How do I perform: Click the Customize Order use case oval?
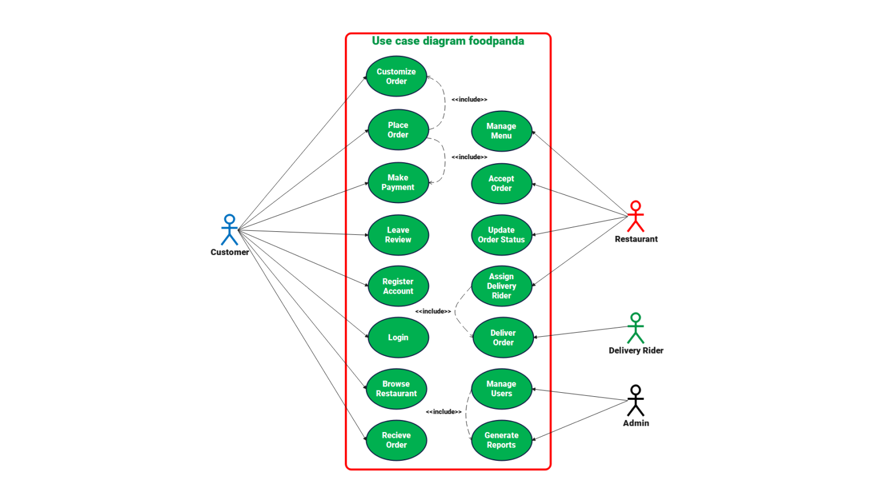click(x=396, y=76)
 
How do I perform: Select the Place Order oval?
click(x=398, y=130)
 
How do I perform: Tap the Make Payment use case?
click(x=398, y=182)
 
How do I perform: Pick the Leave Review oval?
click(x=398, y=235)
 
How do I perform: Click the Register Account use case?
click(x=398, y=286)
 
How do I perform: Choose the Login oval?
click(x=398, y=337)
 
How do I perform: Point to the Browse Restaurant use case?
click(x=396, y=389)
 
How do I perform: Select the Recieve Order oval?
click(x=396, y=440)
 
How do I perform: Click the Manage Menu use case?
click(x=501, y=131)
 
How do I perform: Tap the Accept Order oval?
click(x=501, y=183)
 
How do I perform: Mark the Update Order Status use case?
click(x=501, y=235)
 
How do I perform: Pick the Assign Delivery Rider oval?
click(x=501, y=286)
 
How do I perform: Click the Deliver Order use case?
click(x=503, y=337)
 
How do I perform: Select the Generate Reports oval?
click(x=501, y=440)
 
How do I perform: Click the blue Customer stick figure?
click(x=229, y=230)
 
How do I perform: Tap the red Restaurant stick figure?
click(x=635, y=216)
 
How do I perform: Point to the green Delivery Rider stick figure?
click(x=635, y=328)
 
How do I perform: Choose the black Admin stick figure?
click(x=635, y=400)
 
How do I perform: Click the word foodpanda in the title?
click(x=496, y=41)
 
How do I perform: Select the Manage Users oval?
click(x=501, y=389)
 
